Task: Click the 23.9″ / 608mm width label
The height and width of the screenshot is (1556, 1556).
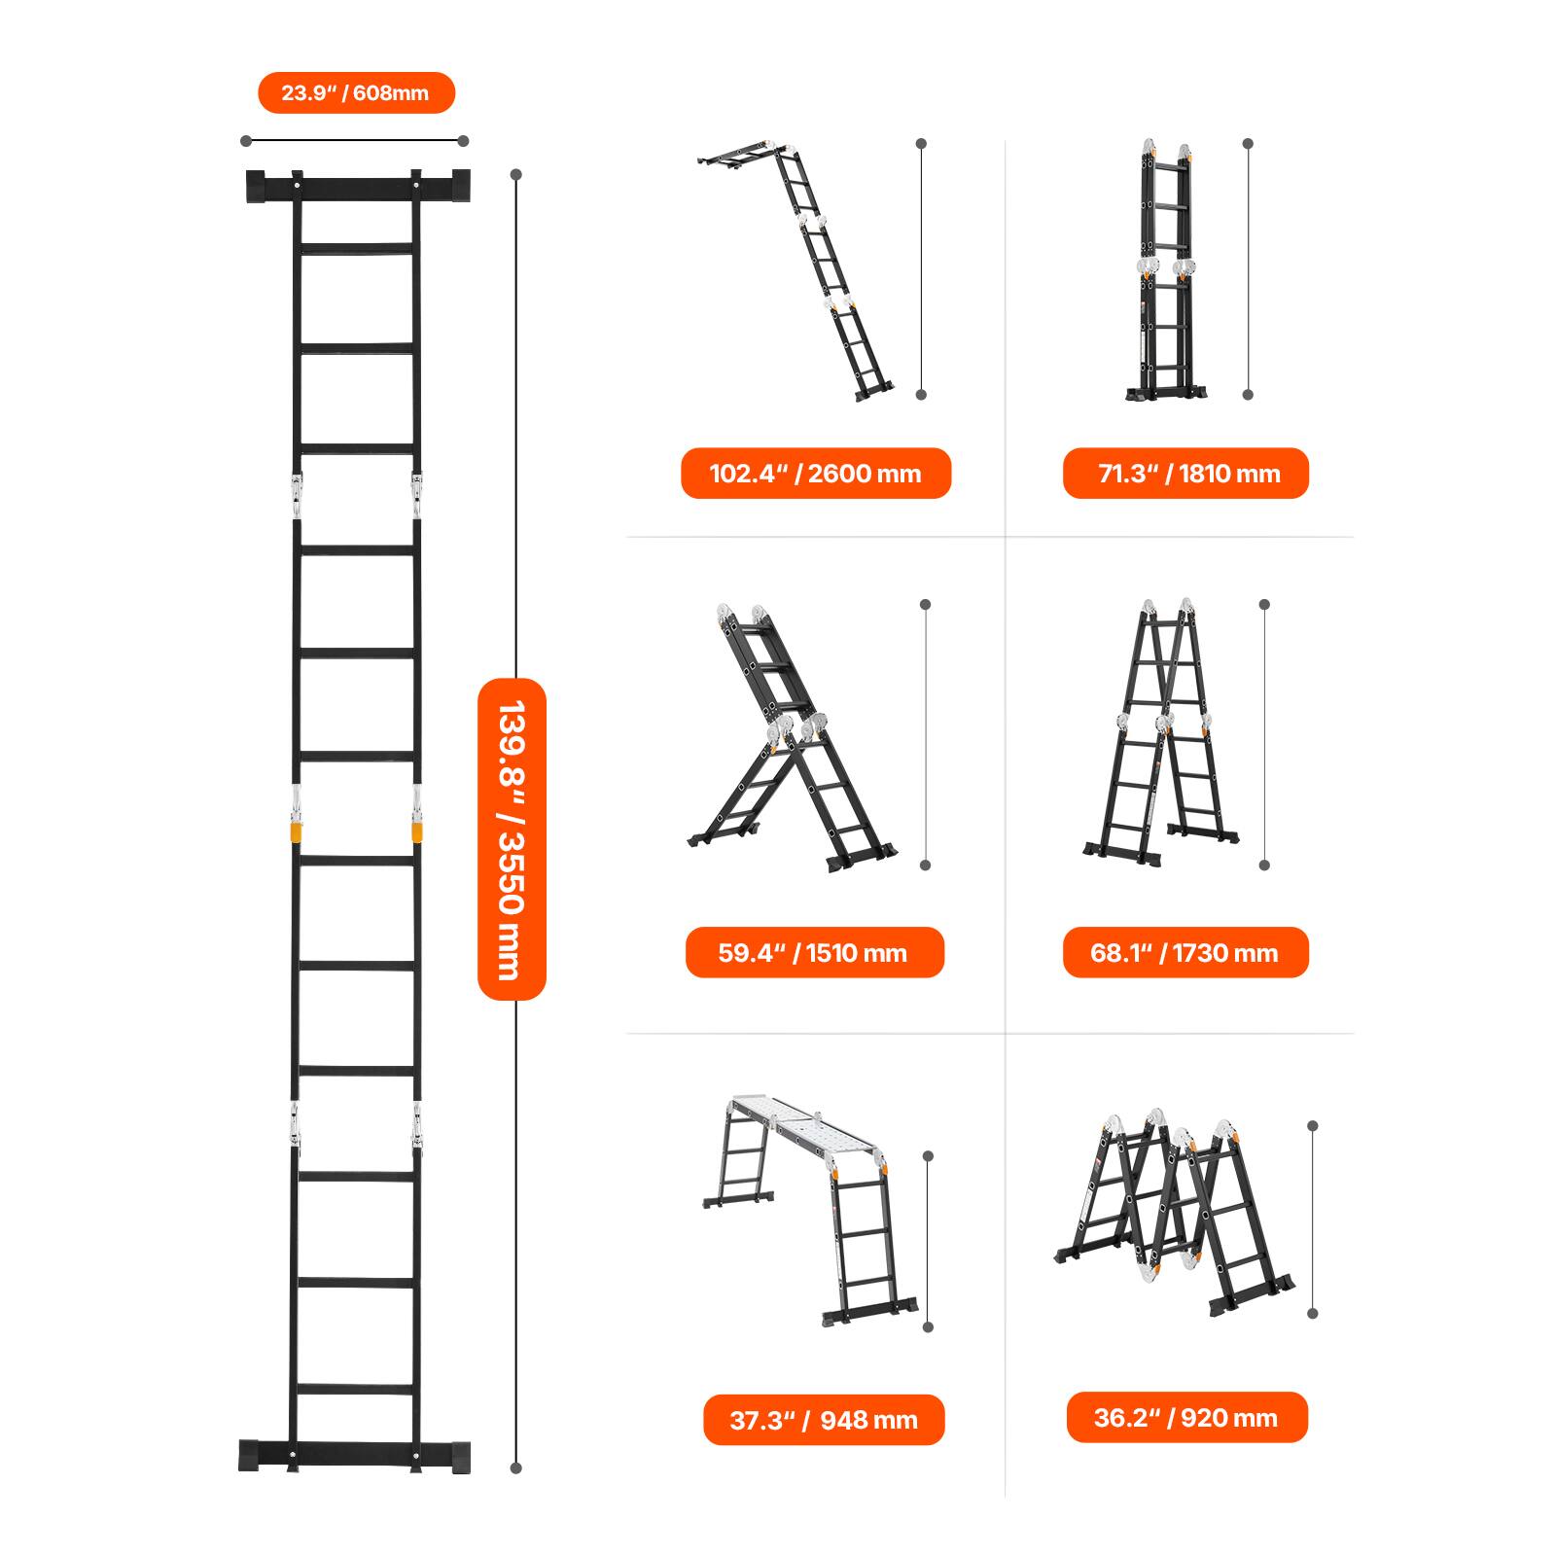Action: (356, 93)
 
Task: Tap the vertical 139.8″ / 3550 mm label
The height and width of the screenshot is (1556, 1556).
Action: (512, 838)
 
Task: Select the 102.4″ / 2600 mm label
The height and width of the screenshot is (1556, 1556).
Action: (815, 474)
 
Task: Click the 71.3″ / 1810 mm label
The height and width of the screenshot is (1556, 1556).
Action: (1185, 474)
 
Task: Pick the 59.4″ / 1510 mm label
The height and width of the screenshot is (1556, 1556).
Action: (814, 952)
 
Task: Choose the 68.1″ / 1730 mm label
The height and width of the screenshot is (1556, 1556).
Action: (1185, 952)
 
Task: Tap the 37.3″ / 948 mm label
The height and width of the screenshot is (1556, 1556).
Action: (824, 1420)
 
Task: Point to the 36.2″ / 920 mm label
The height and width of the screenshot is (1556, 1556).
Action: (1186, 1418)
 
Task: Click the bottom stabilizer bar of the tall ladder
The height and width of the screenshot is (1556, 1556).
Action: (355, 1456)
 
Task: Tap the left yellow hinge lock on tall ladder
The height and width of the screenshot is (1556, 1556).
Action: (296, 832)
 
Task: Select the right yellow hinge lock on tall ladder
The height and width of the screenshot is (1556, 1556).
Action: (417, 832)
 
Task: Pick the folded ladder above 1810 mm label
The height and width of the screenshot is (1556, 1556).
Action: (1166, 272)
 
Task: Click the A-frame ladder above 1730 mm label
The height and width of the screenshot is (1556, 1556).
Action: (1162, 734)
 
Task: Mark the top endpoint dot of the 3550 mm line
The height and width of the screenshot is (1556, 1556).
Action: (516, 175)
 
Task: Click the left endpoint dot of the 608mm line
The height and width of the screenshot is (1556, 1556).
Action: (246, 141)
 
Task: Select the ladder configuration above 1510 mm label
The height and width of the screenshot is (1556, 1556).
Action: (788, 739)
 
